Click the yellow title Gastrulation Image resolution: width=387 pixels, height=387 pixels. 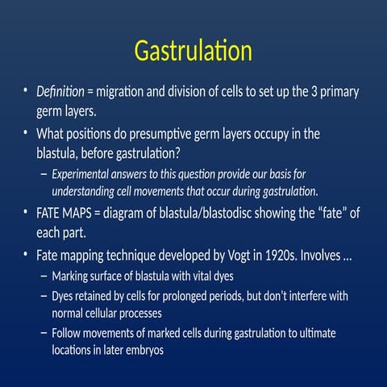click(193, 52)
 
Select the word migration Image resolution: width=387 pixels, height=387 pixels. click(129, 92)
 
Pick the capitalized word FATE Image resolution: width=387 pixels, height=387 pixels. click(52, 214)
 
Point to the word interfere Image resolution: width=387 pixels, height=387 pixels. click(320, 296)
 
